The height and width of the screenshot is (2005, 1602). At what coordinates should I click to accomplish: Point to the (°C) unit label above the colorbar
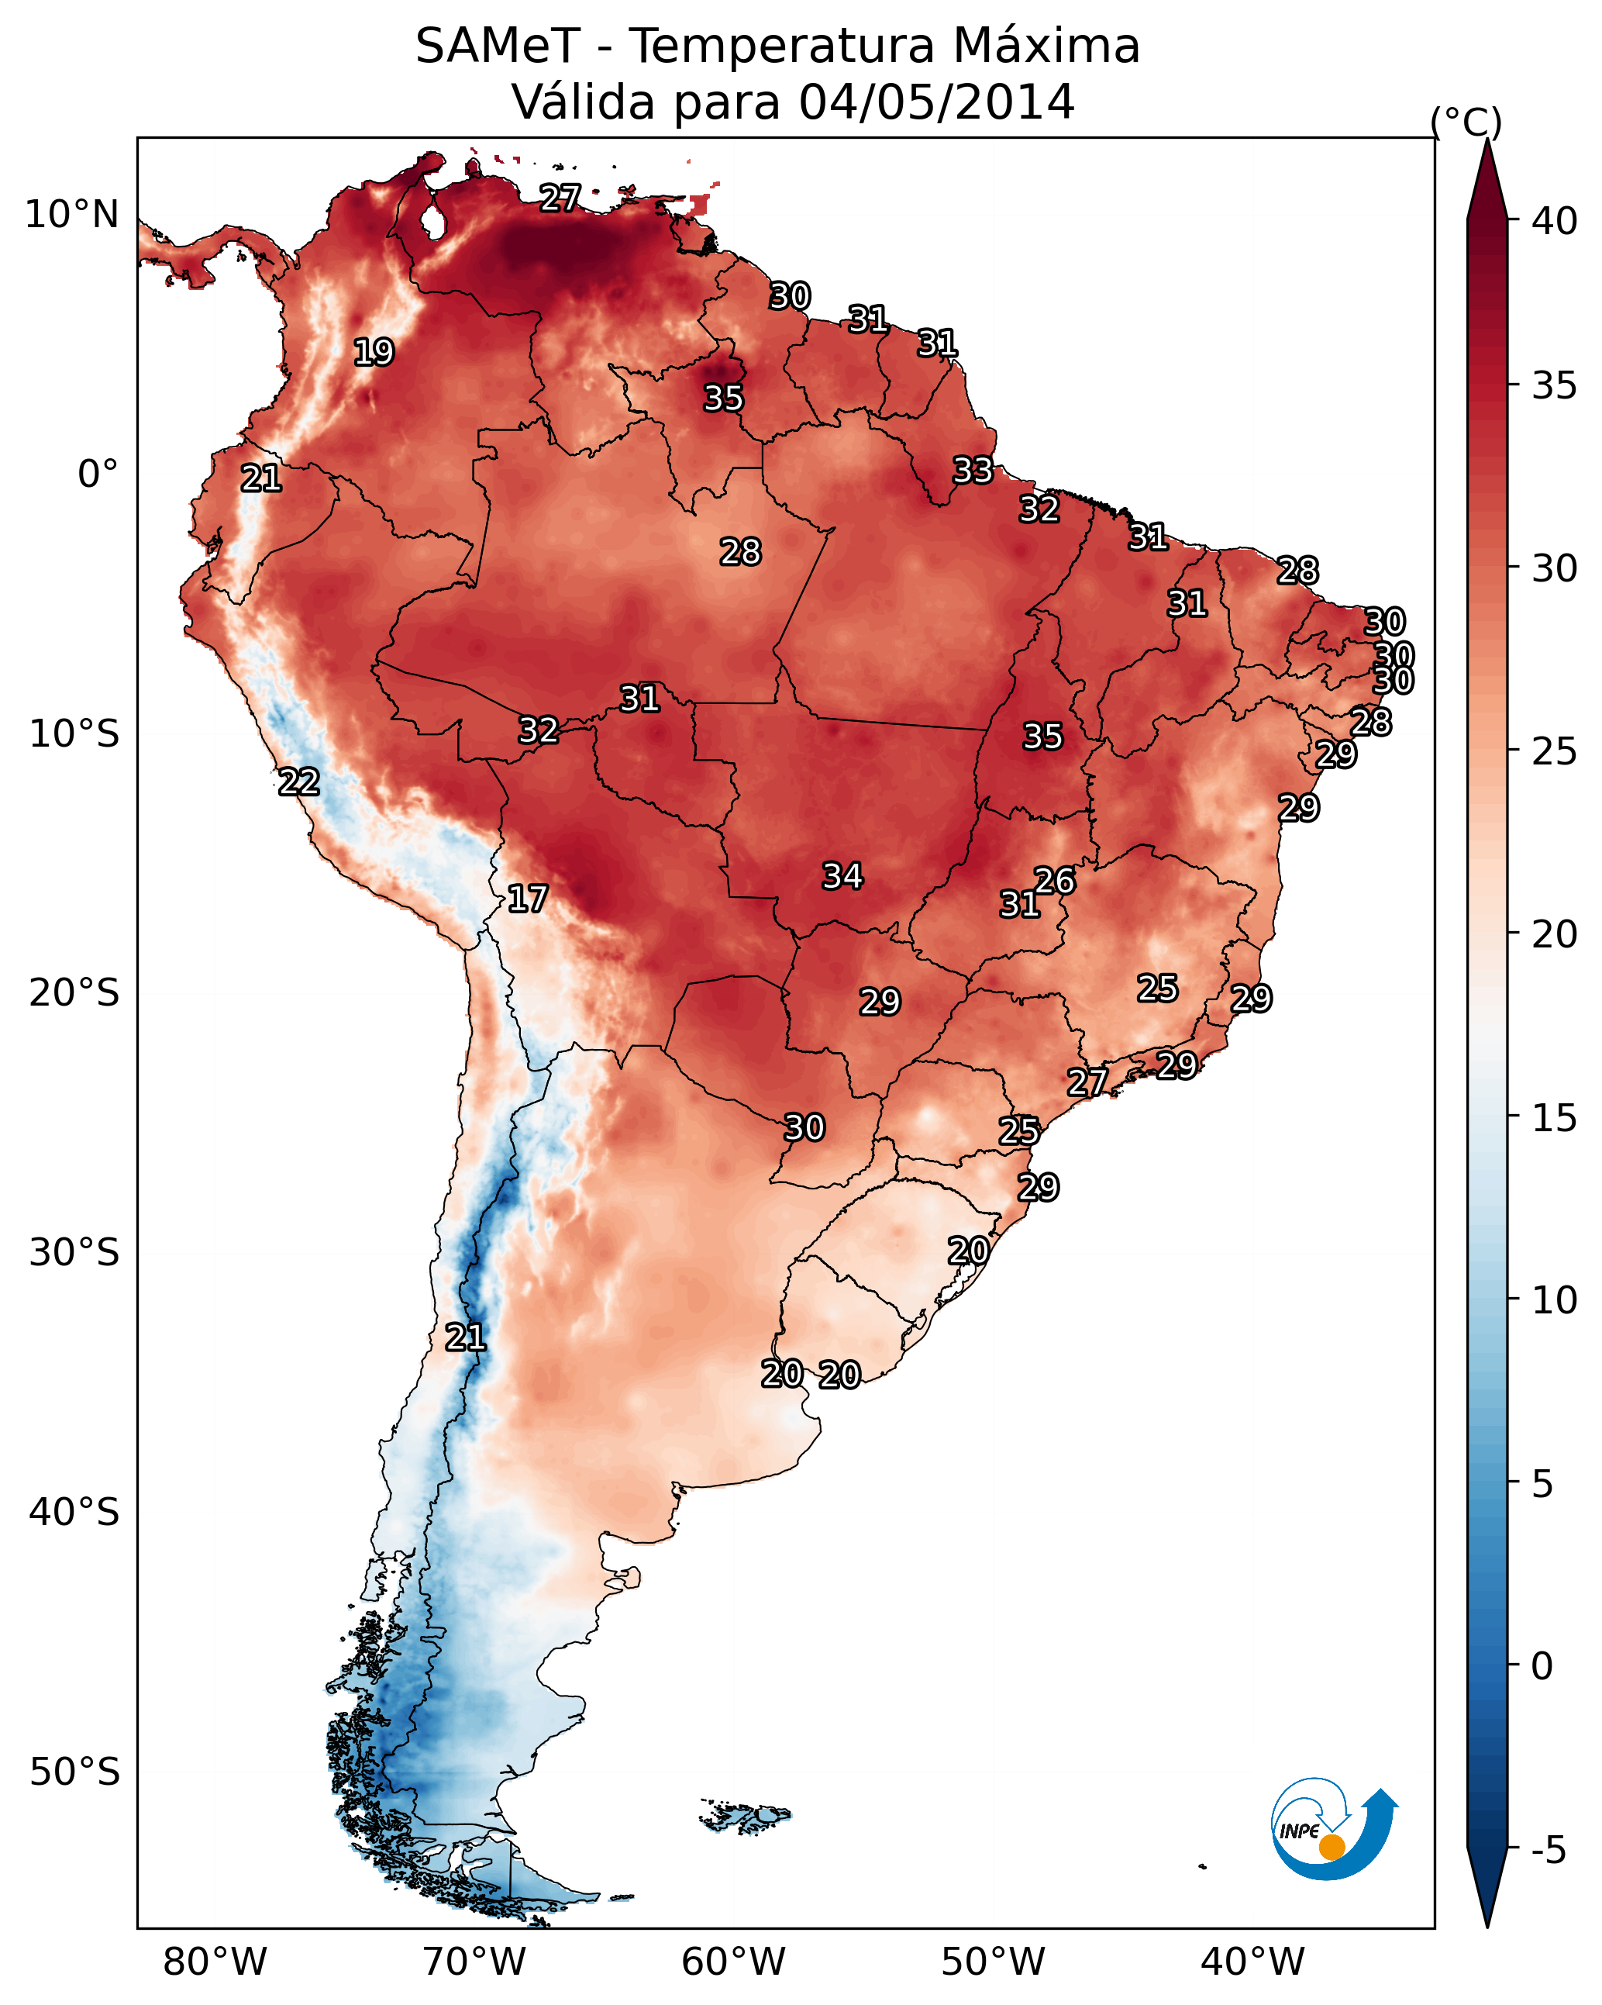pyautogui.click(x=1466, y=122)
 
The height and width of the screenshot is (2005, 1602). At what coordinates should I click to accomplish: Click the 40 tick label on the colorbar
pyautogui.click(x=1555, y=221)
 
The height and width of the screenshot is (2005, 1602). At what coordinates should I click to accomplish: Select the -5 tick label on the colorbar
pyautogui.click(x=1548, y=1850)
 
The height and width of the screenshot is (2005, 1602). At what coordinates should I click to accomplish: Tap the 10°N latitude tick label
pyautogui.click(x=71, y=215)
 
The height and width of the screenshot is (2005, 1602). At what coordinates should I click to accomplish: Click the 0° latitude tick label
pyautogui.click(x=98, y=475)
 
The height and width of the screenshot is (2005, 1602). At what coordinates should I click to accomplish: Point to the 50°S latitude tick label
pyautogui.click(x=74, y=1772)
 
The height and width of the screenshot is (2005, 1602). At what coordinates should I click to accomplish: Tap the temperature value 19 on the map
pyautogui.click(x=374, y=353)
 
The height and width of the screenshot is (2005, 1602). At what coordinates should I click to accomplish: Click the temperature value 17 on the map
pyautogui.click(x=527, y=899)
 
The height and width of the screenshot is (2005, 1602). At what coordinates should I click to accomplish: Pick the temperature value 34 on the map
pyautogui.click(x=842, y=876)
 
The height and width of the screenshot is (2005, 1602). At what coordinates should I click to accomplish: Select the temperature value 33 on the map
pyautogui.click(x=973, y=471)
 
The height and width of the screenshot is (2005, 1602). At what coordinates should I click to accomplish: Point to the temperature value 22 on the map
pyautogui.click(x=298, y=782)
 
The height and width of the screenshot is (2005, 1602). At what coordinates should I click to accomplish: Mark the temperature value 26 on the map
pyautogui.click(x=1054, y=881)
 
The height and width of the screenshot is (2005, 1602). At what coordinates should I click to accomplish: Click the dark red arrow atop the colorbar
pyautogui.click(x=1487, y=181)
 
